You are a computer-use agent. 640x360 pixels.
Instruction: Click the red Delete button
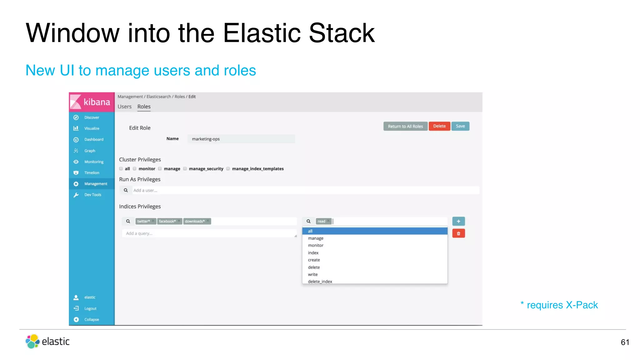click(x=439, y=126)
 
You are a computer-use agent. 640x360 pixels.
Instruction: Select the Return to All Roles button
click(x=405, y=126)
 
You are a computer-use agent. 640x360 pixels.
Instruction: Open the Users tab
click(x=124, y=107)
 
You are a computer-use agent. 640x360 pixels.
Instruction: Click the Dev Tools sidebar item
click(x=92, y=195)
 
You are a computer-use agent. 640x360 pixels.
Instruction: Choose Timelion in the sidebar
click(x=92, y=173)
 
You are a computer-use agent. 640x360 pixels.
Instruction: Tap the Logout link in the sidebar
click(x=90, y=308)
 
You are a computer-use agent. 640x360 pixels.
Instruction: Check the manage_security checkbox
click(x=185, y=169)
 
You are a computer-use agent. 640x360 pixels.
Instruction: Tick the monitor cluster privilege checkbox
click(x=135, y=169)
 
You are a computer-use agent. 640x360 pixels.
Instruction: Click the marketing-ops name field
click(x=241, y=139)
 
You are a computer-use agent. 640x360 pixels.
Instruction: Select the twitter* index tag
click(x=144, y=221)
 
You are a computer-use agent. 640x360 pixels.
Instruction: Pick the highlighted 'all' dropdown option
click(x=374, y=231)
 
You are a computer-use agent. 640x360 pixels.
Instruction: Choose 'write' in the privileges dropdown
click(x=313, y=274)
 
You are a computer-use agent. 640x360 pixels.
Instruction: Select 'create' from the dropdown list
click(x=314, y=260)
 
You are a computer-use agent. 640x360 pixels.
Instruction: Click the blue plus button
click(x=458, y=221)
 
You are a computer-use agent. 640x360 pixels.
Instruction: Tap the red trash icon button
click(x=458, y=233)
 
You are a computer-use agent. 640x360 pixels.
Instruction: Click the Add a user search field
click(x=305, y=190)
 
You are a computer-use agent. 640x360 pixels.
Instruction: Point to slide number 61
click(x=625, y=342)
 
